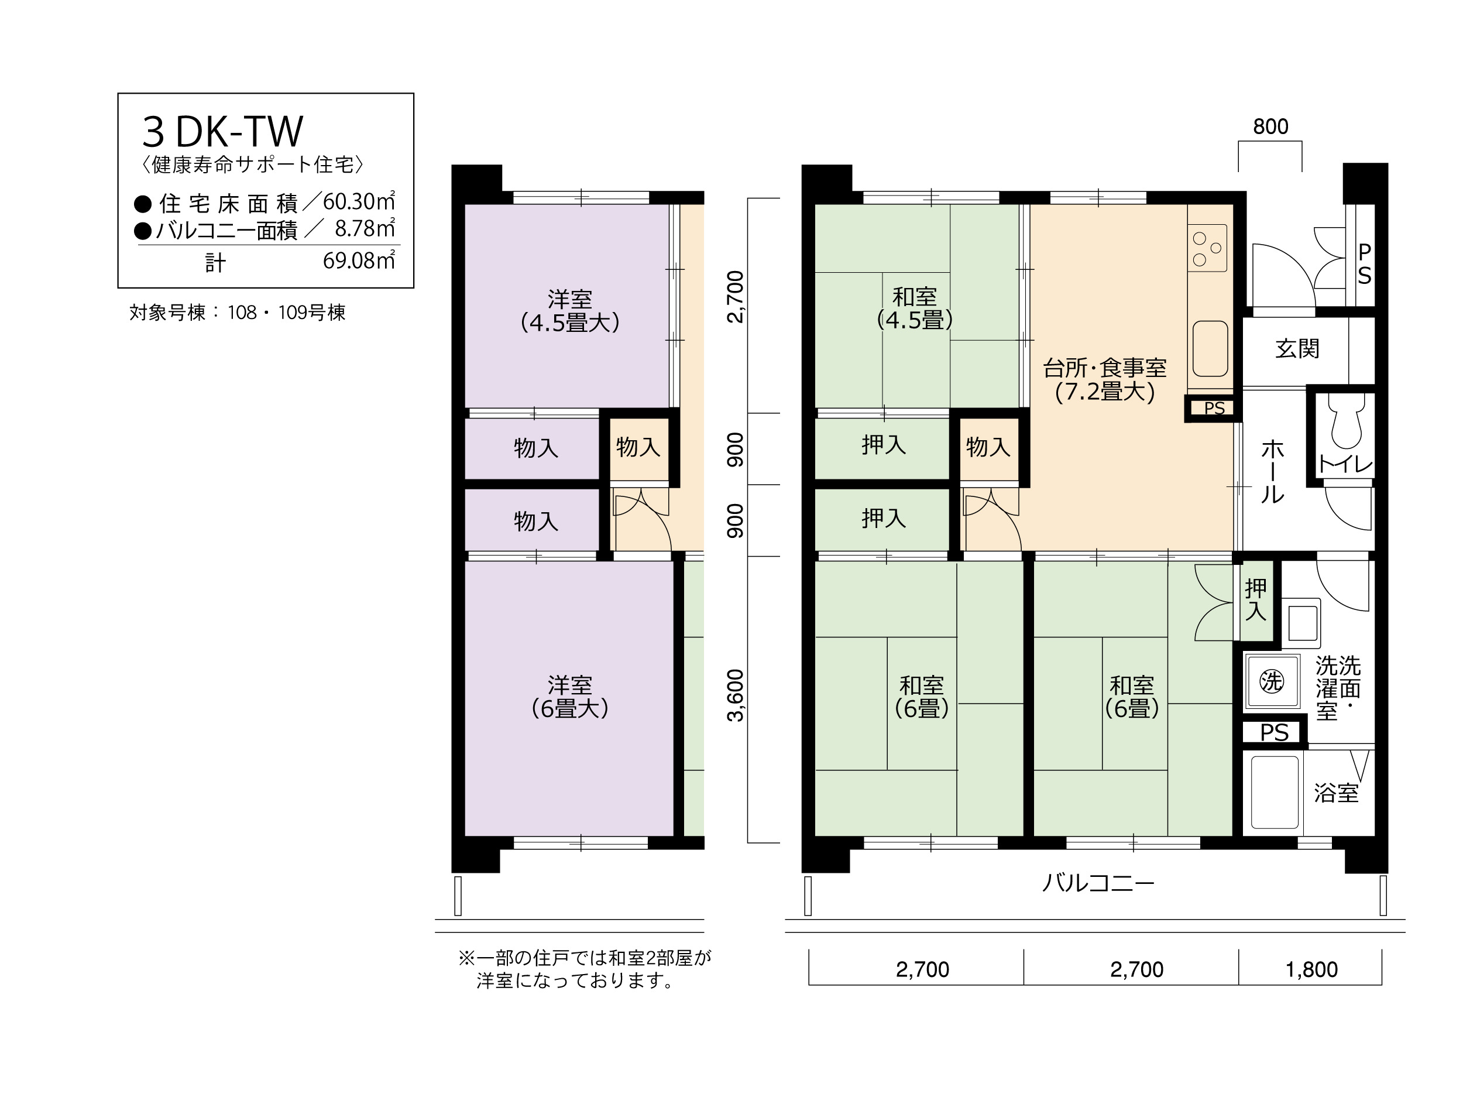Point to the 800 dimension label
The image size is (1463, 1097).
tap(1270, 126)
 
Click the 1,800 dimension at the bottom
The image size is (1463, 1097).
tap(1311, 970)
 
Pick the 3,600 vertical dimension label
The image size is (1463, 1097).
tap(736, 695)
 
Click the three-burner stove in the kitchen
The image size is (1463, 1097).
tap(1208, 248)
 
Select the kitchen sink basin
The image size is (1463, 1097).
tap(1210, 349)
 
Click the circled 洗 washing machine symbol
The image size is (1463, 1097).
tap(1271, 681)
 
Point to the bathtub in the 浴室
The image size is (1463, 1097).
tap(1275, 792)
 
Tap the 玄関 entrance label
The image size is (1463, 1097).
tap(1297, 349)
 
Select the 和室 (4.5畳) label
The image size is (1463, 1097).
tap(915, 308)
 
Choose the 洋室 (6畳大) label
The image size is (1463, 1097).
tap(569, 697)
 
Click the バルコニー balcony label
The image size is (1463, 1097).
tap(1098, 883)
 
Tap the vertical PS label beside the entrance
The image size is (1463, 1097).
tap(1365, 264)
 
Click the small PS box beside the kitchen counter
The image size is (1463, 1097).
tap(1213, 408)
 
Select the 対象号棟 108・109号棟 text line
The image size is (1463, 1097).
tap(238, 312)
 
